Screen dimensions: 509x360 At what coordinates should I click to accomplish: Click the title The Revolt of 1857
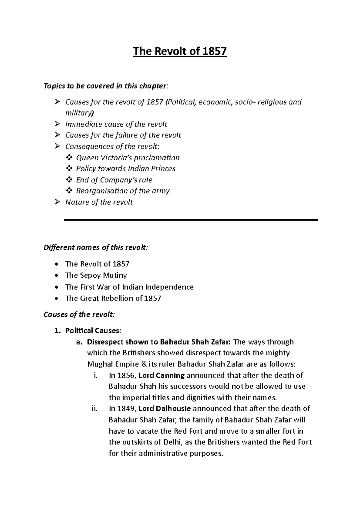(180, 52)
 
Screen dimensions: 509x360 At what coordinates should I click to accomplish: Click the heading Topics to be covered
(106, 86)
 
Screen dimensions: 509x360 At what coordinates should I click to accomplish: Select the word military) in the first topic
(79, 113)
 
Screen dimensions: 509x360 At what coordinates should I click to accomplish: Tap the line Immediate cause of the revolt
(116, 124)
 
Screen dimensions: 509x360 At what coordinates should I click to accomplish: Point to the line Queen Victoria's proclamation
(127, 158)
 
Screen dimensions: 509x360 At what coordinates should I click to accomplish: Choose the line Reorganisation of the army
(123, 191)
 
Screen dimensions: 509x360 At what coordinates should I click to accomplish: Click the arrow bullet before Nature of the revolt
(57, 202)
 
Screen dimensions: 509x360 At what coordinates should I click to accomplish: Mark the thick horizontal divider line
(191, 220)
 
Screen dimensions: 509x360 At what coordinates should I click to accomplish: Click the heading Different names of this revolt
(96, 248)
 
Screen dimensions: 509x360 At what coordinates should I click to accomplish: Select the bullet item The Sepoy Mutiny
(96, 275)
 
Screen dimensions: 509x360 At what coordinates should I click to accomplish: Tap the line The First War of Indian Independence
(129, 287)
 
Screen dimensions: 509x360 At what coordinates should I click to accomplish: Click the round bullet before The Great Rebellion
(57, 299)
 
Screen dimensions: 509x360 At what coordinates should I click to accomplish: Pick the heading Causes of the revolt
(79, 315)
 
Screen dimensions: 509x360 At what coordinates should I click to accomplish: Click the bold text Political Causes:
(93, 331)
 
